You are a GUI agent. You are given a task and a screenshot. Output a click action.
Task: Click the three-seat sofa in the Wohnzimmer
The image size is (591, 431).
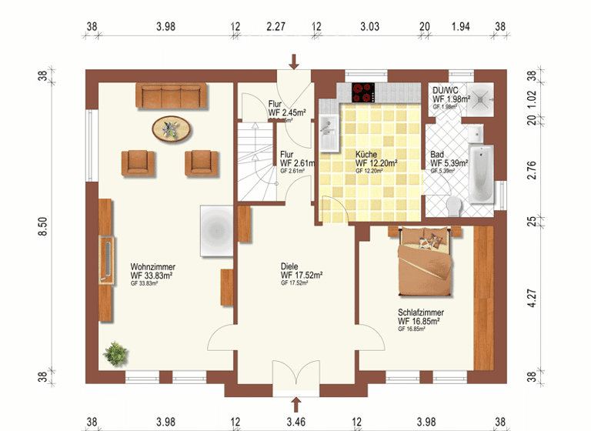point(172,95)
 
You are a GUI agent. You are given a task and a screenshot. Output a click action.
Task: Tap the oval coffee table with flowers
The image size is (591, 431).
point(172,129)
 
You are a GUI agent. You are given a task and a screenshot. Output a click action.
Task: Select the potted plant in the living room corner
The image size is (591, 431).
point(115,354)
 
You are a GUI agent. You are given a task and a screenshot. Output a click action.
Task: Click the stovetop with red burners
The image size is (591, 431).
point(363,92)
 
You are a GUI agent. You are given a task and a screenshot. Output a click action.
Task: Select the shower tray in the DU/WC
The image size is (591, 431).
point(482,97)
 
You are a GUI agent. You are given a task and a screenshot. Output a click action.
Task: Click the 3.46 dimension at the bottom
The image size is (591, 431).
point(296,422)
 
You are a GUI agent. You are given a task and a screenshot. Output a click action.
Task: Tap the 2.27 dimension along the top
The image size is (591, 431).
point(275,26)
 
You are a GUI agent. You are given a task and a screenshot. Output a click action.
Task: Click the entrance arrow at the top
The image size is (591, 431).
point(293,61)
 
